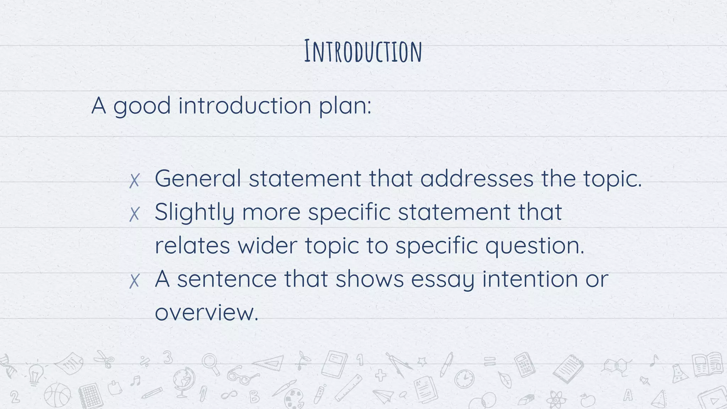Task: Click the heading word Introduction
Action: pyautogui.click(x=363, y=52)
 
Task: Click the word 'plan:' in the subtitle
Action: pyautogui.click(x=345, y=106)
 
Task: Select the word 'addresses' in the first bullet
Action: pyautogui.click(x=477, y=178)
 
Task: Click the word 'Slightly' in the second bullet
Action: pyautogui.click(x=194, y=213)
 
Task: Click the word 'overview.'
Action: pyautogui.click(x=206, y=313)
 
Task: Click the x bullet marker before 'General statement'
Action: pyautogui.click(x=134, y=181)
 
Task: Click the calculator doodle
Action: pyautogui.click(x=525, y=364)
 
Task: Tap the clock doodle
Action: pyautogui.click(x=464, y=379)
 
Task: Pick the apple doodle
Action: pyautogui.click(x=587, y=400)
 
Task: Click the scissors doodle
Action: pyautogui.click(x=104, y=359)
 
